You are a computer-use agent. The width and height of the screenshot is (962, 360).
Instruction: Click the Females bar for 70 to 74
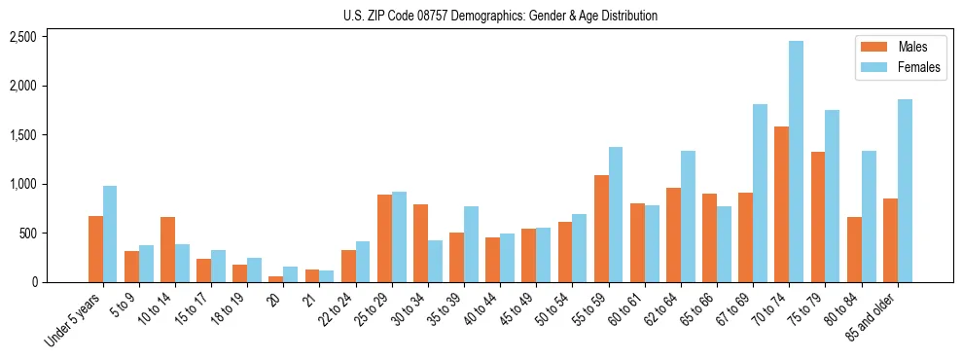(x=796, y=162)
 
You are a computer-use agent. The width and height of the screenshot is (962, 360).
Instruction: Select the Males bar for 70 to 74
(x=781, y=204)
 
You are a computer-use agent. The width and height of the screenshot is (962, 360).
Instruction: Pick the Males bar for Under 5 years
(x=95, y=249)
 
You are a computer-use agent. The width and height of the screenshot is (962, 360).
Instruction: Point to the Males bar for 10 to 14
(x=167, y=249)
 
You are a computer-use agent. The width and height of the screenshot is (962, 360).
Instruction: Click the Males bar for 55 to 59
(x=601, y=229)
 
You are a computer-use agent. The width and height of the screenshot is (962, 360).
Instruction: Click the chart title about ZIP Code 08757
(x=500, y=16)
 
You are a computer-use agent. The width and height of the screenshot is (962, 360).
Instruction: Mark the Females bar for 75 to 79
(x=832, y=196)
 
